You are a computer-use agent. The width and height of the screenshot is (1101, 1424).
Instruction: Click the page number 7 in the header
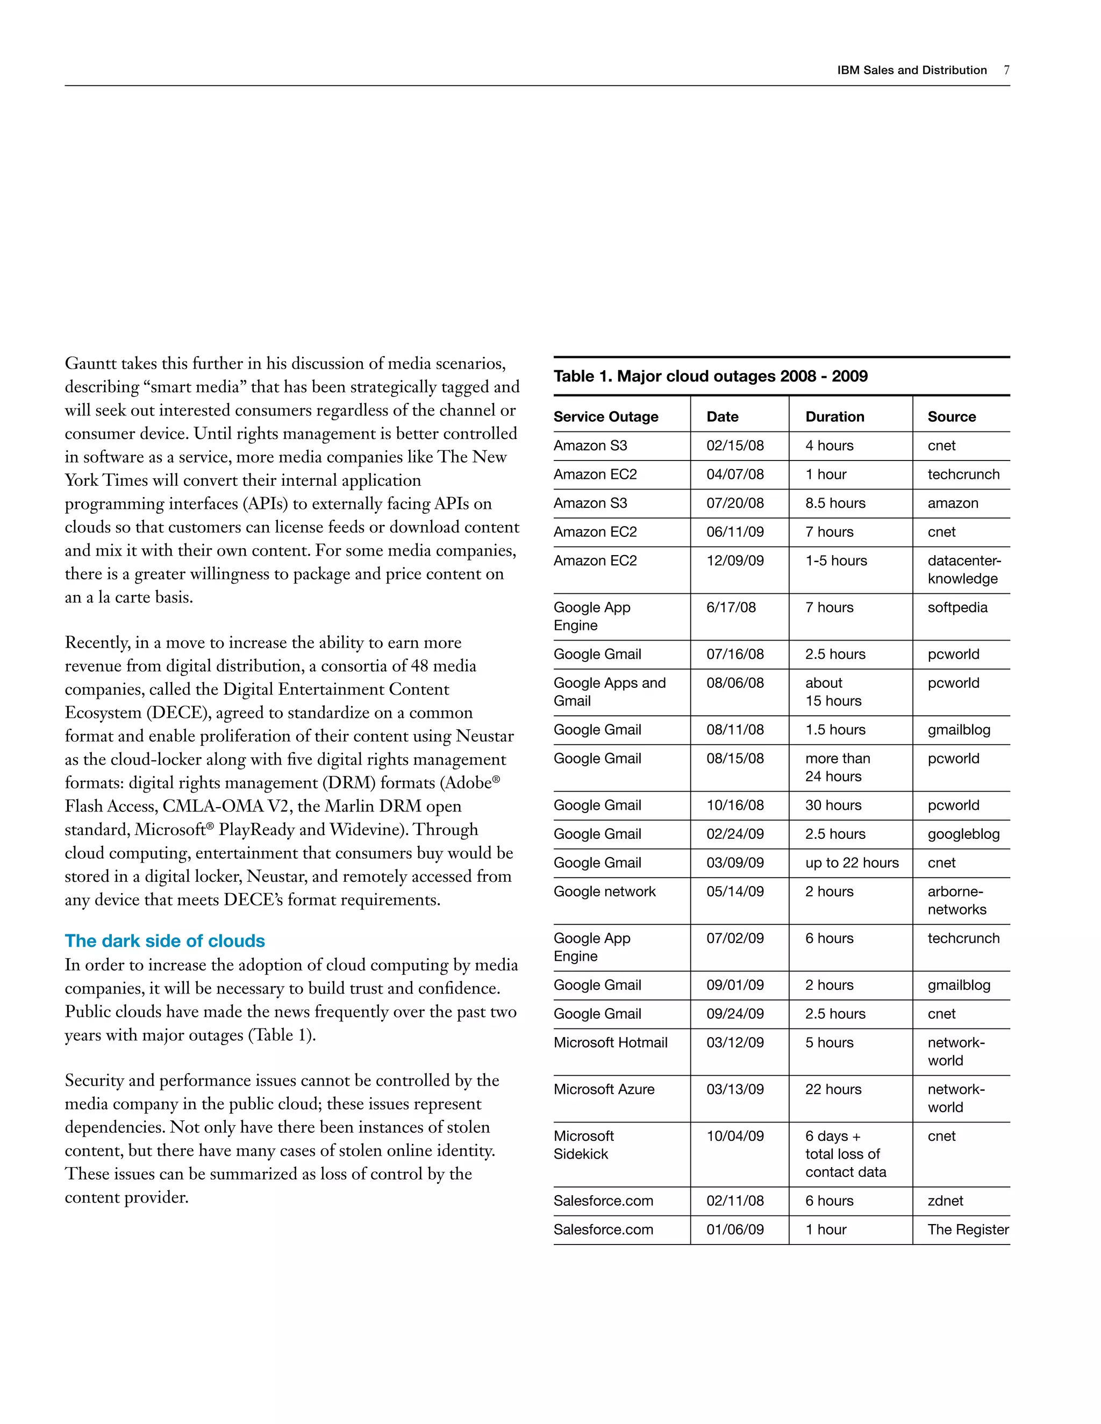coord(1006,70)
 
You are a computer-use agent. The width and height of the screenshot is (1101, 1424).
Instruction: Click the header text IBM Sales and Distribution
coord(911,70)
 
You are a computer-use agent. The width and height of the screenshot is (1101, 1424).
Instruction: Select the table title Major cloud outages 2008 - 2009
coord(710,376)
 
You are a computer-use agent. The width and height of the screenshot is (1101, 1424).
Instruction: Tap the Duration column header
coord(834,416)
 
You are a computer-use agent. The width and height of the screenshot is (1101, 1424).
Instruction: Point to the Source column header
coord(951,416)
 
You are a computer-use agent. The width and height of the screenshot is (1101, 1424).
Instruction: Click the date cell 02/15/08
coord(734,446)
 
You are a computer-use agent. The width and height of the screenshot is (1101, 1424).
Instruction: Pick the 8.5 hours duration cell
coord(835,504)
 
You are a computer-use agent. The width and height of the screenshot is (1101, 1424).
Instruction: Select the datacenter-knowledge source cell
coord(963,570)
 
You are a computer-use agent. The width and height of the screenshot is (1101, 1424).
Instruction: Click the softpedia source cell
coord(957,608)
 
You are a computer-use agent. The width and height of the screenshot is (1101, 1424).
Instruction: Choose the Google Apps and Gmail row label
coord(609,692)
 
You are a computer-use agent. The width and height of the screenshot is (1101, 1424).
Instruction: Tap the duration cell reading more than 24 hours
coord(838,767)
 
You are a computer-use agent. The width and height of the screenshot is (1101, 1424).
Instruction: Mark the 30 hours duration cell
coord(833,806)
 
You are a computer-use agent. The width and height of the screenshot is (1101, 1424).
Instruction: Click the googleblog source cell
coord(963,834)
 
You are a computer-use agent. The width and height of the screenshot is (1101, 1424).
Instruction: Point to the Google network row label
coord(604,891)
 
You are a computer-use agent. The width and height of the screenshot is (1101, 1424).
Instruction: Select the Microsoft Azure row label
coord(603,1090)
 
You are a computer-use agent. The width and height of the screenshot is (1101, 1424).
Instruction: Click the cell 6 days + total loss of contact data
coord(845,1154)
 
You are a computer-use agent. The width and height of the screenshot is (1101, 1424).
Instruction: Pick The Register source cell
coord(967,1229)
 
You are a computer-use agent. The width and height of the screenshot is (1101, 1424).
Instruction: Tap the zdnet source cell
coord(945,1201)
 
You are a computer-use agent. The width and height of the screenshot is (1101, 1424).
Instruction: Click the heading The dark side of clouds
coord(165,941)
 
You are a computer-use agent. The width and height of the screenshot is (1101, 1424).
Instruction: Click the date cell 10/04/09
coord(734,1137)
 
